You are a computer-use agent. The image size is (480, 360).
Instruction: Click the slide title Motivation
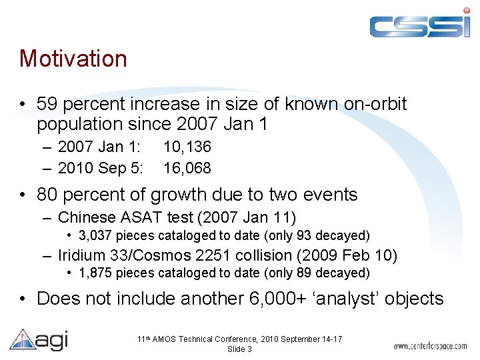[73, 59]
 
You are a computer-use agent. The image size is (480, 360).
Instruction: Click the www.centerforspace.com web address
[430, 346]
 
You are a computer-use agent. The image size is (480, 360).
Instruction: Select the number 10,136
[187, 147]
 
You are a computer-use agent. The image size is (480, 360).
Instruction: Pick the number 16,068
[187, 169]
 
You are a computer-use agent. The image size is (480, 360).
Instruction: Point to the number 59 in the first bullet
[47, 104]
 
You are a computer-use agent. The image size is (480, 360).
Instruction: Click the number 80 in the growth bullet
[47, 195]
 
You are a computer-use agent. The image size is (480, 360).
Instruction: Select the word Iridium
[80, 255]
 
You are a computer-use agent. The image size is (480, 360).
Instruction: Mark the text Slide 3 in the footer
[239, 349]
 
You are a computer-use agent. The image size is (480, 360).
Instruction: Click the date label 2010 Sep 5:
[101, 169]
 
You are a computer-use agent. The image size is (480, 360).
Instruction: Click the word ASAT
[137, 217]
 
